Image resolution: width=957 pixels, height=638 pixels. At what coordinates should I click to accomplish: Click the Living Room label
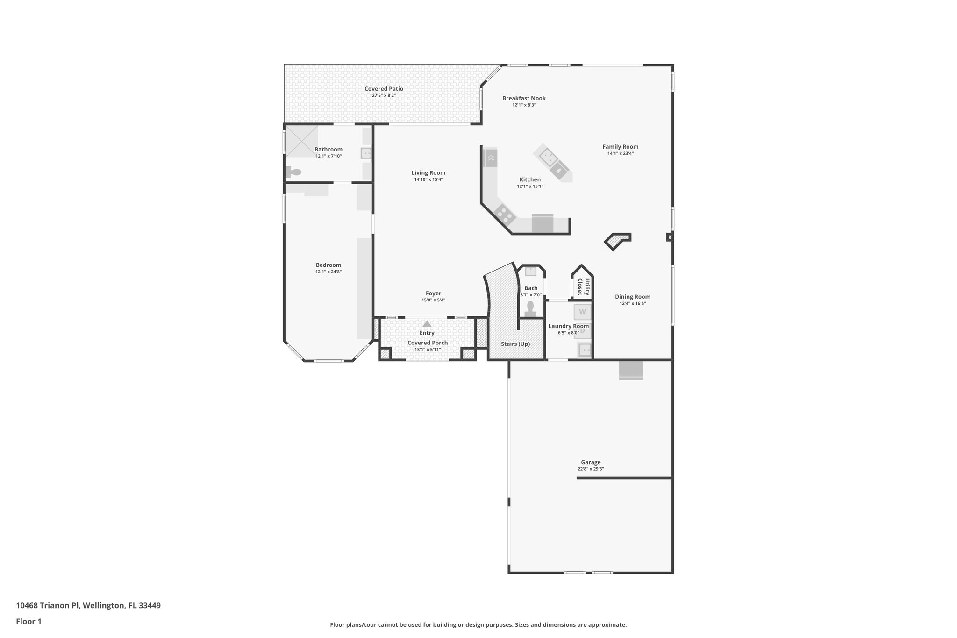coord(428,173)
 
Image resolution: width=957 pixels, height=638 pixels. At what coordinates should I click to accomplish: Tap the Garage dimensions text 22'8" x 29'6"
coord(591,469)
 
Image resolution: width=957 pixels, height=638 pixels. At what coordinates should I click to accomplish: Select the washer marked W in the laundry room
coord(582,312)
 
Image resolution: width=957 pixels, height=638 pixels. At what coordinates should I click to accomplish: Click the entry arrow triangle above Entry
coord(427,323)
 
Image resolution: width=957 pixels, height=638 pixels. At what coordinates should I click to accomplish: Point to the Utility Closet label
coord(583,287)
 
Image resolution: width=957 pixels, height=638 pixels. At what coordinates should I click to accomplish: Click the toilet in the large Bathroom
coord(294,172)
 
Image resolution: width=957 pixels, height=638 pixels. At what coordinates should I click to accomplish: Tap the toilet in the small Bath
coord(530,309)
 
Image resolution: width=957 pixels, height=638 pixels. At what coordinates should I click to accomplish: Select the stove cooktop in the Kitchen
coord(505,214)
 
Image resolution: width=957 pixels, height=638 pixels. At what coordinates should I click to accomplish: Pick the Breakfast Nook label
coord(524,98)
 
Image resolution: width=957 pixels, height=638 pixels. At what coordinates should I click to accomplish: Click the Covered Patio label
coord(384,89)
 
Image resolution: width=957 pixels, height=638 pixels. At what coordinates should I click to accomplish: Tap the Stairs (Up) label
coord(515,344)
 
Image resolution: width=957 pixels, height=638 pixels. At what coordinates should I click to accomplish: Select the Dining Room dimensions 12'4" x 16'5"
coord(633,303)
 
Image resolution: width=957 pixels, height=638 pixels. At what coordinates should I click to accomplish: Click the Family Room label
coord(620,147)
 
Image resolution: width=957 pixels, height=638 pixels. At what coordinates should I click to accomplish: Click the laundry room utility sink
coord(585,349)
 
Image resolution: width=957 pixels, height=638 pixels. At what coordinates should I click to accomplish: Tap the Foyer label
coord(433,294)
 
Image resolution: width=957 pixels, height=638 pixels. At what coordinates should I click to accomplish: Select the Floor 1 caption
coord(29,622)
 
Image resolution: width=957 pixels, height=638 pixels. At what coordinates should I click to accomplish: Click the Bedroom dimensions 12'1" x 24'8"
coord(328,272)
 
